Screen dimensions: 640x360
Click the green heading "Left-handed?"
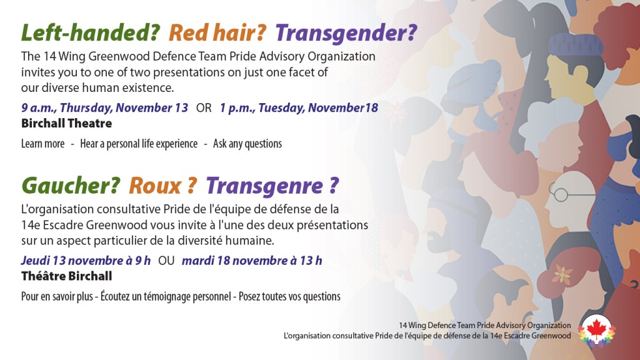tap(90, 32)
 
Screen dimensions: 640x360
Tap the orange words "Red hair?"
tap(217, 32)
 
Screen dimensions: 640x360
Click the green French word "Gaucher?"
tap(71, 186)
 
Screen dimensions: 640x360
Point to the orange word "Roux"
tap(155, 186)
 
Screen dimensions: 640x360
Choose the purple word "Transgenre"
tap(264, 186)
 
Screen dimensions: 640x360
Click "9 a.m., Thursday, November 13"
tap(104, 107)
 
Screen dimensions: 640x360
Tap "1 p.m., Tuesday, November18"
tap(299, 107)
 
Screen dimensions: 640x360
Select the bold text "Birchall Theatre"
tap(66, 123)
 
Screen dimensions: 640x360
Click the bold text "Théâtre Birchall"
tap(66, 276)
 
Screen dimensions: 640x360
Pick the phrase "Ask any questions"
tap(247, 144)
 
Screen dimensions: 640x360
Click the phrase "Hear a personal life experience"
tap(139, 144)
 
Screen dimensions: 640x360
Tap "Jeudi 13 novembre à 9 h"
tap(86, 261)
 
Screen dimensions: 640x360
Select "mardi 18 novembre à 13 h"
tap(252, 261)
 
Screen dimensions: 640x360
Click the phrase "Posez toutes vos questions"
tap(289, 296)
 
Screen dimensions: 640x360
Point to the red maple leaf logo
tap(597, 330)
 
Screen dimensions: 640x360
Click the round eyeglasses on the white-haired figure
tap(561, 194)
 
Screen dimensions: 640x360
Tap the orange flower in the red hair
tap(562, 274)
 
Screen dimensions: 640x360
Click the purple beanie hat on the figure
tap(576, 45)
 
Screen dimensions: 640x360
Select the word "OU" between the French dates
tap(166, 261)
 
